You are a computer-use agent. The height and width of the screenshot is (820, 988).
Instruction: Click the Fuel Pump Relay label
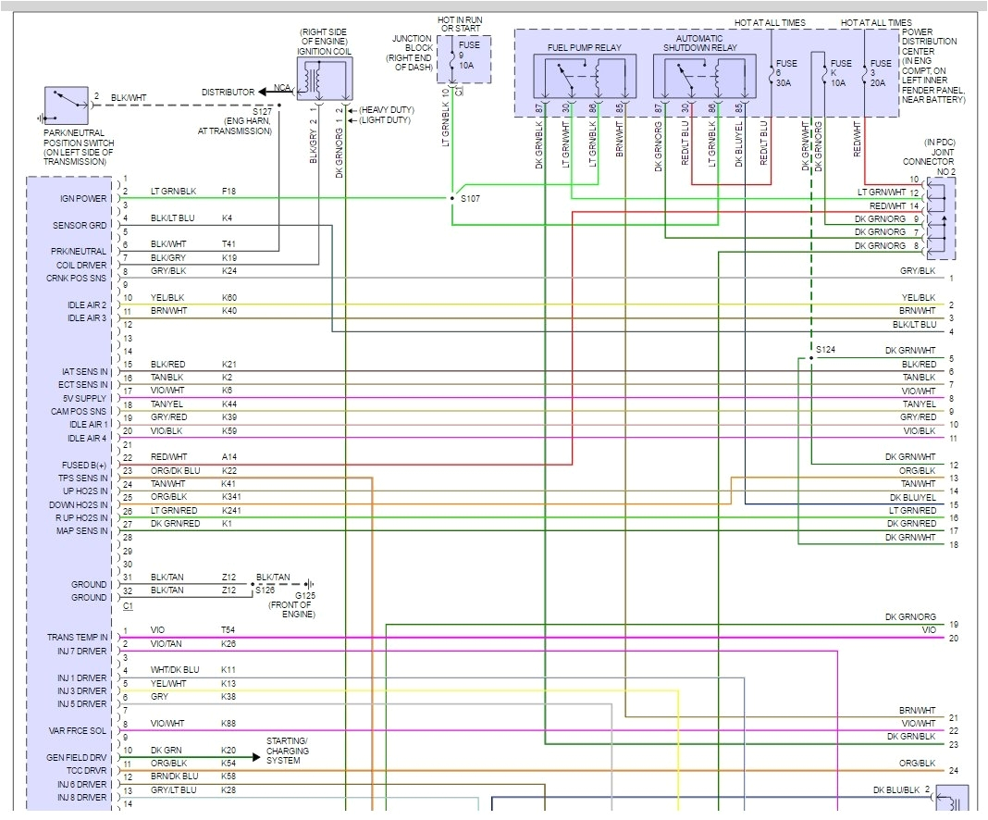click(x=585, y=47)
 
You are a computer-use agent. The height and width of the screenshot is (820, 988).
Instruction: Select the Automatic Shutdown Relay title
click(x=699, y=43)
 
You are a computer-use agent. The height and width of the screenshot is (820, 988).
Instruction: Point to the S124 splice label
click(x=826, y=350)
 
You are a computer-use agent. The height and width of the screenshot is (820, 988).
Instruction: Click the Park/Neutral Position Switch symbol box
click(x=66, y=106)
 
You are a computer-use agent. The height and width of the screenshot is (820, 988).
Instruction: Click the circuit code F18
click(x=228, y=192)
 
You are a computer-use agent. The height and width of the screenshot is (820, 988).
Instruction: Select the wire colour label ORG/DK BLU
click(x=175, y=470)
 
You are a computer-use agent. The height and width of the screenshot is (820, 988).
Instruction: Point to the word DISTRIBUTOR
click(x=228, y=92)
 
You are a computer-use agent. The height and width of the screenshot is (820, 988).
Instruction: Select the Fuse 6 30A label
click(x=783, y=72)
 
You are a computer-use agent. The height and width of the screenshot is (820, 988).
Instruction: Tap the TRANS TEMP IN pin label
click(x=78, y=637)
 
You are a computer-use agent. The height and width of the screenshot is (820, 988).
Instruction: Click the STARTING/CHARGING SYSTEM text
click(x=288, y=751)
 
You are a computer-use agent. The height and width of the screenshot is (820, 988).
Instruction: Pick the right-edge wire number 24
click(x=952, y=770)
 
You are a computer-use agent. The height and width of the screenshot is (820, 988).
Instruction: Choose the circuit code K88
click(x=228, y=723)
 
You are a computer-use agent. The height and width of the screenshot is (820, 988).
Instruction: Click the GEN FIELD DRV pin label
click(x=80, y=756)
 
